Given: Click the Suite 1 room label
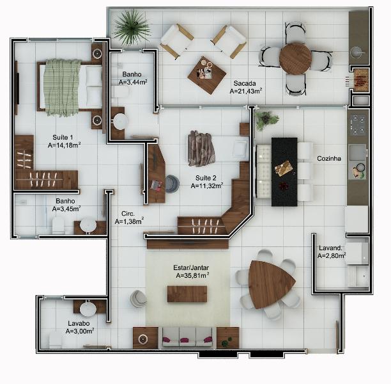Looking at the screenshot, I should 63,137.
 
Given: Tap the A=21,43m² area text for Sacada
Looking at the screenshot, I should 246,92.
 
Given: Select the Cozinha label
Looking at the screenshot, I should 328,158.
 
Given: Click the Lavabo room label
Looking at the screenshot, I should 79,323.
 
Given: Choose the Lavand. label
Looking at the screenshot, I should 331,247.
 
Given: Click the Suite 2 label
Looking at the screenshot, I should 206,177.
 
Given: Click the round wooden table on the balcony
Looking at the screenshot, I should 295,58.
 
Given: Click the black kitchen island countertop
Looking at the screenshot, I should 284,171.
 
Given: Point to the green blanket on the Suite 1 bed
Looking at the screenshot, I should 61,86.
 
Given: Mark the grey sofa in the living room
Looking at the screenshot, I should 187,336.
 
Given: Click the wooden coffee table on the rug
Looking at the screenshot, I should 187,294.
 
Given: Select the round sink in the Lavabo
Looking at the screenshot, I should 88,309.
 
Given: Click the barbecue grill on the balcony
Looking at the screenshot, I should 361,79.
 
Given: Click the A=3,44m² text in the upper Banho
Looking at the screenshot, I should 133,82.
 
